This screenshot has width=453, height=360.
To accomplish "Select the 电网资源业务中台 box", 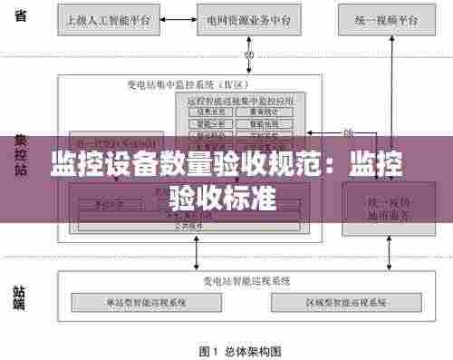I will [x=248, y=18].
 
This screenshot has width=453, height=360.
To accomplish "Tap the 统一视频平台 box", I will [x=384, y=18].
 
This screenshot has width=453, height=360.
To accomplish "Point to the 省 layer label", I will [x=20, y=16].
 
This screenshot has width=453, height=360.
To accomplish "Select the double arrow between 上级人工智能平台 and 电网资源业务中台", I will [x=175, y=18].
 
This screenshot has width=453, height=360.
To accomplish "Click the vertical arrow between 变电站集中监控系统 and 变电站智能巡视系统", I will [x=198, y=256].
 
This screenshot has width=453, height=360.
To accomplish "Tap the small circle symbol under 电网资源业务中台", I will [x=246, y=55].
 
